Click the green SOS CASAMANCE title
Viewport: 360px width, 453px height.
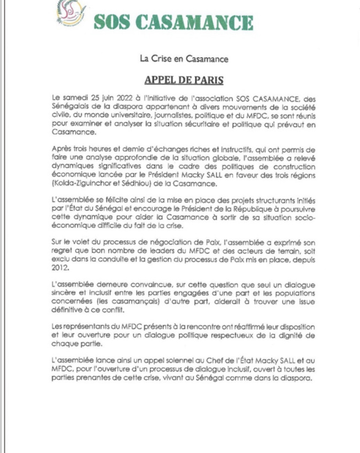point(173,22)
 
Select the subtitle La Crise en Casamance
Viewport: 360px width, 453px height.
point(179,57)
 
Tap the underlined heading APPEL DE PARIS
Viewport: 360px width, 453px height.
point(180,79)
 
